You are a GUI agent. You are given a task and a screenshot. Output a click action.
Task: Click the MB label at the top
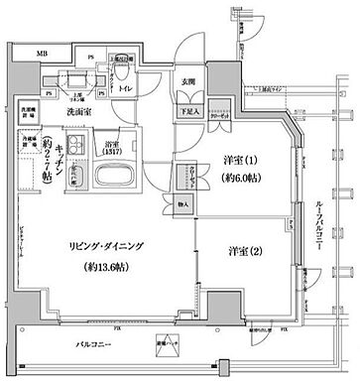tap(42, 53)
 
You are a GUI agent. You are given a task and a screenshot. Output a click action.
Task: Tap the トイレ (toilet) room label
tap(125, 88)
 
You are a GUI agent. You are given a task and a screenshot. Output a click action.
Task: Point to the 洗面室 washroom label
tap(79, 112)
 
